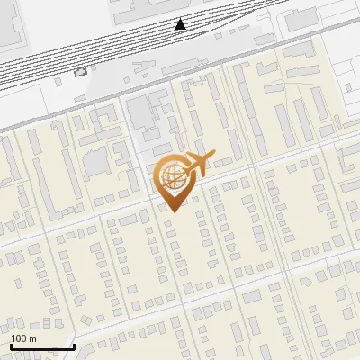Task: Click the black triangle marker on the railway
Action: point(181,24)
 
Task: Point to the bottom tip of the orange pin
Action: point(171,211)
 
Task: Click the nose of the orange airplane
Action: point(210,157)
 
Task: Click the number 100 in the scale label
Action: point(19,338)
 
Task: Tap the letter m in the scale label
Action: point(33,338)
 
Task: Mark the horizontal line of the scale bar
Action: point(42,346)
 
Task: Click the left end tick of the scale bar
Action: point(11,345)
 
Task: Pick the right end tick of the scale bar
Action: point(74,345)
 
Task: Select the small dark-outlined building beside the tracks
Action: point(81,72)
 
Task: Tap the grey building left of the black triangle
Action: point(135,9)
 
